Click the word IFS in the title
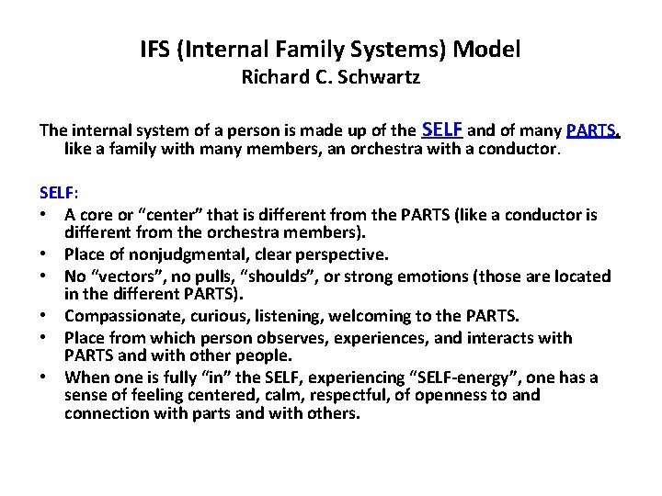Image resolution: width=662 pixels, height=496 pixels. [156, 49]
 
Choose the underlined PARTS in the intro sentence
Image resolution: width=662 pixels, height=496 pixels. [593, 130]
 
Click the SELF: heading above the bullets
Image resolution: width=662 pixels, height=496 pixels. [59, 194]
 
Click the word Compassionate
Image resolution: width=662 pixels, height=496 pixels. [120, 315]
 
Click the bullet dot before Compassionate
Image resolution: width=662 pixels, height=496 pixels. [44, 316]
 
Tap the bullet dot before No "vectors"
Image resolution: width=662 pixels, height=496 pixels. [44, 276]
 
